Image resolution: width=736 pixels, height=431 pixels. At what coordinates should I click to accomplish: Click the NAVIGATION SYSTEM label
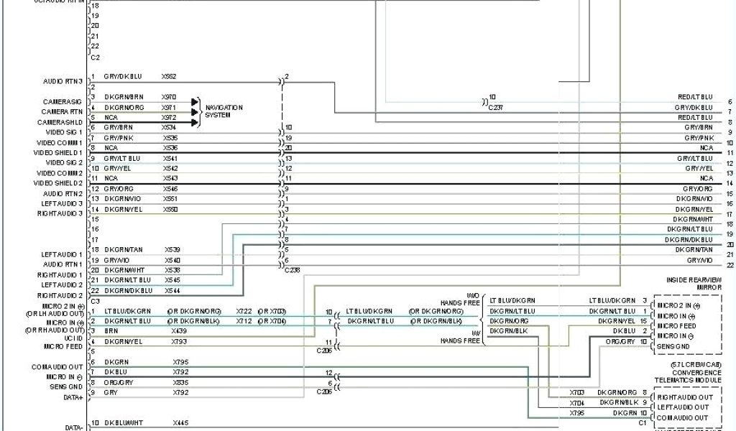tap(224, 111)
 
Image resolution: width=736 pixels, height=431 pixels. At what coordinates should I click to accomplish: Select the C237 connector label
tap(497, 107)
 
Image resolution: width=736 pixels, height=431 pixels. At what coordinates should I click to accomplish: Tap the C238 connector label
tap(293, 269)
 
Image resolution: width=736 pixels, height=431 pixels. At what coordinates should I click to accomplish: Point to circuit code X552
tap(169, 76)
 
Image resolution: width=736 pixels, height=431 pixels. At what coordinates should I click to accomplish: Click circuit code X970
tap(169, 96)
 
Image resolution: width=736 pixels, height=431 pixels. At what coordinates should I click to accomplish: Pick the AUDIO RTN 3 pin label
tap(63, 80)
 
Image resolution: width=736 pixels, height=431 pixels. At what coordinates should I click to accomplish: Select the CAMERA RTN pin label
tap(62, 112)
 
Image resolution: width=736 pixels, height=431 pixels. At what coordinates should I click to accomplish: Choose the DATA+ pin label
tap(73, 397)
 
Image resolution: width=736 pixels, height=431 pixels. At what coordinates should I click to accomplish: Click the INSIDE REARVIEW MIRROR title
tap(694, 283)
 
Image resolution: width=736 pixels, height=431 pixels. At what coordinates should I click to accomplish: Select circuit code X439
tap(179, 330)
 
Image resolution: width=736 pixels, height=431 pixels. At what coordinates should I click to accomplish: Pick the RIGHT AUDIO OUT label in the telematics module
tap(686, 397)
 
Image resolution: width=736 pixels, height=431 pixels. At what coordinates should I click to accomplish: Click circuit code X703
tap(576, 393)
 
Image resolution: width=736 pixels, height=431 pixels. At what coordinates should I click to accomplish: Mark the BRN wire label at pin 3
tap(111, 330)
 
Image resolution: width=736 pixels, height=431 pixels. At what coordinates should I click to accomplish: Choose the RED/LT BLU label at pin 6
tap(695, 97)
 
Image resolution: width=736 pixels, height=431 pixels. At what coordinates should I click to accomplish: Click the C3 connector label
tap(95, 301)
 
